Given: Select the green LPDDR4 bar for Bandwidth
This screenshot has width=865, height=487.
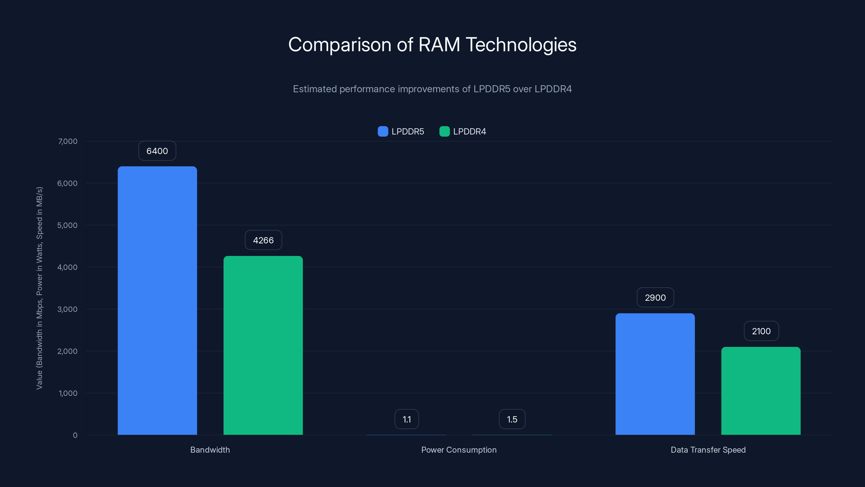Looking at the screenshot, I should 263,345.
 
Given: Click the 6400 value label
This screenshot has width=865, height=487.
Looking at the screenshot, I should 157,151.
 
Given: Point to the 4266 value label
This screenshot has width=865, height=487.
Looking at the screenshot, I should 263,240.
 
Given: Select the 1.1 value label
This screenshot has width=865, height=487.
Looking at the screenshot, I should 407,419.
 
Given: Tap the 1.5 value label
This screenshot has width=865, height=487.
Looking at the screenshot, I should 512,419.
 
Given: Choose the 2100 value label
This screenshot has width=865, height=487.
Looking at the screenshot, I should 761,331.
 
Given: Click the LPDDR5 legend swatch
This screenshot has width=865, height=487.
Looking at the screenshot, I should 383,131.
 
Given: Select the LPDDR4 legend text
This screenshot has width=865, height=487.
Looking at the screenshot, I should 470,131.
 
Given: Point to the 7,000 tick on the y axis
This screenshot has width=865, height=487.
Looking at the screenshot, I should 68,141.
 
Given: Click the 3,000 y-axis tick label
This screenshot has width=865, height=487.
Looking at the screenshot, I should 68,309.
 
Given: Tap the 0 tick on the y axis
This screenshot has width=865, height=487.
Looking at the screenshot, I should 75,435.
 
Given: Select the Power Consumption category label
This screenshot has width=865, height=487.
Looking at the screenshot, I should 459,450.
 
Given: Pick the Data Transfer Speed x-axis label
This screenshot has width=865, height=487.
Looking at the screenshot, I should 708,450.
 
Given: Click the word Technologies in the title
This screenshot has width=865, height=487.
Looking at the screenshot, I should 521,44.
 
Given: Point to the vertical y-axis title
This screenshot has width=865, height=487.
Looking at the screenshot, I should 40,288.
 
